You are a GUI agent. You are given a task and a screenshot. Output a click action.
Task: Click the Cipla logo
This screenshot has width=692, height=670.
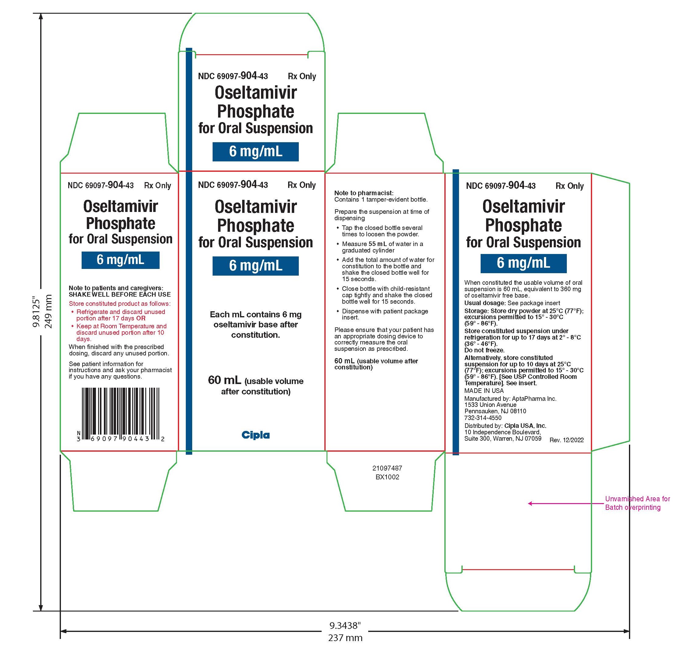coord(256,435)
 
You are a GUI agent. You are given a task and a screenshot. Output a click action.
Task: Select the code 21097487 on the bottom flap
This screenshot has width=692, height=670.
coord(387,468)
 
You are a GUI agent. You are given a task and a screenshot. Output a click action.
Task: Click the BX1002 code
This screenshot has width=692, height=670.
coord(387,477)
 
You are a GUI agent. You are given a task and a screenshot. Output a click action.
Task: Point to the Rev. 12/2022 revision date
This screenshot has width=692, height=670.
coord(567,440)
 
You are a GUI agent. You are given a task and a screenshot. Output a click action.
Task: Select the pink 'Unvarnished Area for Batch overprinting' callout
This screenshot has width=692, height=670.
coord(637,503)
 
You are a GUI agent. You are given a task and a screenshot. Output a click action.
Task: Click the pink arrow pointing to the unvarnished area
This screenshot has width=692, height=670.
coord(566,503)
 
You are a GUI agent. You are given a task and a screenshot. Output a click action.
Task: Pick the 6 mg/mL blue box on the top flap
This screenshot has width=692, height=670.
coord(256,152)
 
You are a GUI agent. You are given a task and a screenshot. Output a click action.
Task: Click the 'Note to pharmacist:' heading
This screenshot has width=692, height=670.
coord(364,193)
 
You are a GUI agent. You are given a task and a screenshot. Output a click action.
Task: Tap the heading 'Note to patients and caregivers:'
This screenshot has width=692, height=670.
coord(116,288)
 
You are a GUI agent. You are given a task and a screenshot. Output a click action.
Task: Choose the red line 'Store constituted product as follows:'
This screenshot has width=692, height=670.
coord(120,304)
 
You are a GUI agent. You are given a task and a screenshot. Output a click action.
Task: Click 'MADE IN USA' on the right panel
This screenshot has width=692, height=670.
coord(484,391)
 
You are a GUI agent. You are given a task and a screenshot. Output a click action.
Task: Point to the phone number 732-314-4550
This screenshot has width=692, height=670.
coord(483,418)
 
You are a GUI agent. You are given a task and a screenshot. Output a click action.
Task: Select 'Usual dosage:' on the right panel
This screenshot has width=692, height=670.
coord(485,303)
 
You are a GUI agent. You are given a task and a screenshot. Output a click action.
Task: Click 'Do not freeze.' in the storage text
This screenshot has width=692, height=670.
coord(484,350)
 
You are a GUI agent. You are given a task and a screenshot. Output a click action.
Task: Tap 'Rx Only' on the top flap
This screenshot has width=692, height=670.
coord(302,76)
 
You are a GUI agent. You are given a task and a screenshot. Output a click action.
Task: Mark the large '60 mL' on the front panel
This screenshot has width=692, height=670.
coord(224,380)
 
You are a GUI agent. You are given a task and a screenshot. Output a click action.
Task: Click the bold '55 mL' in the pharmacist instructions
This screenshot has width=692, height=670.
coord(378,244)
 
